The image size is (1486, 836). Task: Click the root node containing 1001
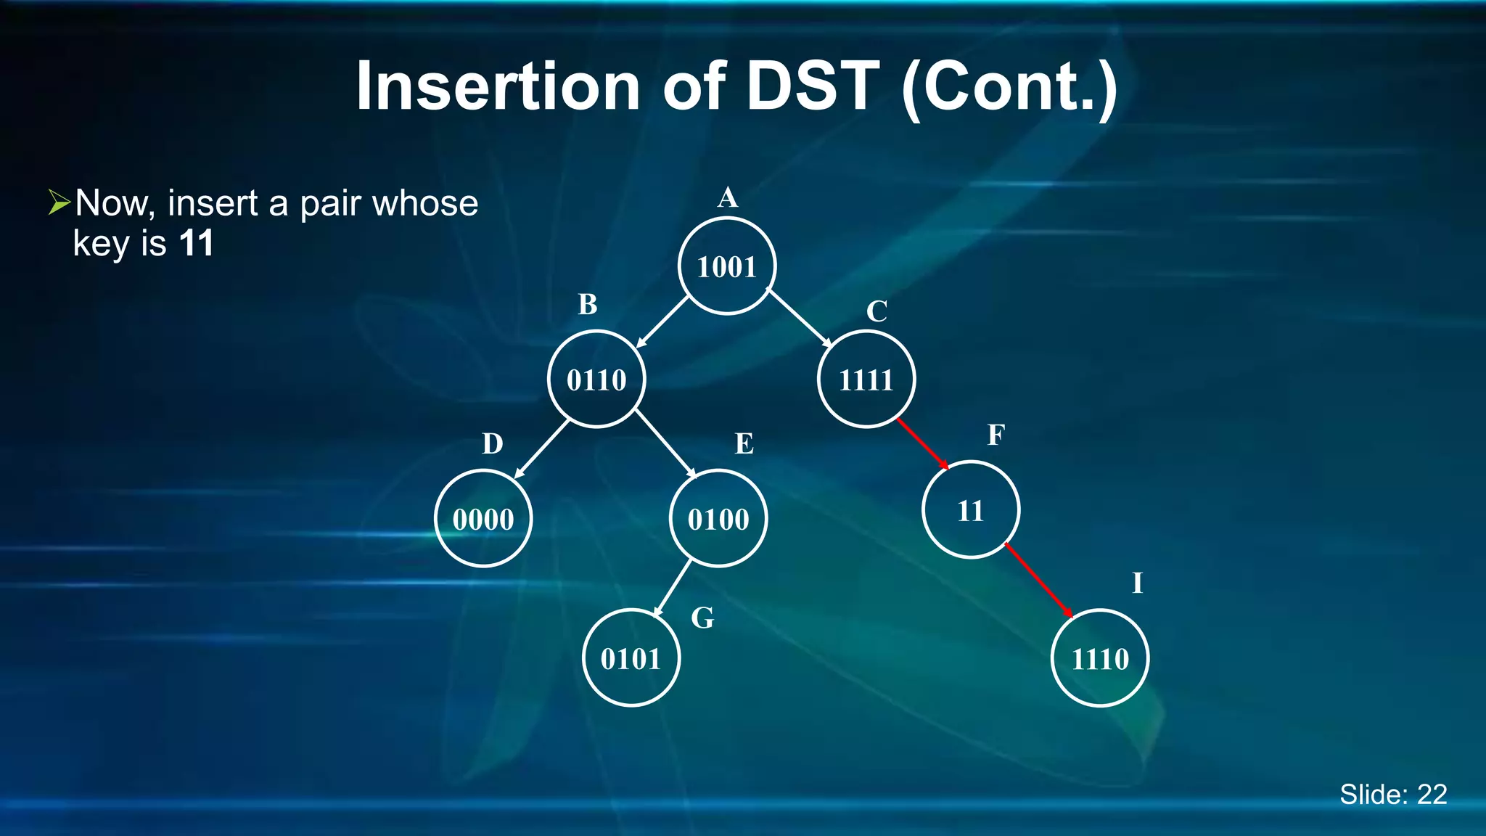tap(727, 266)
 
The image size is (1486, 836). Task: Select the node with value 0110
tap(596, 380)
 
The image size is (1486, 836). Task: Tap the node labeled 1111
tap(866, 380)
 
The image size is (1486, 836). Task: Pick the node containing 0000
tap(483, 519)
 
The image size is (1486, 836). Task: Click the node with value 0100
tap(718, 519)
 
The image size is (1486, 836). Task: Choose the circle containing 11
tap(971, 510)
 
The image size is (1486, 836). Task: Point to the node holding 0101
tap(631, 658)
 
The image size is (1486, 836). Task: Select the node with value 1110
tap(1100, 658)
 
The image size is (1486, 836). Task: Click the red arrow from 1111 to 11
tap(923, 444)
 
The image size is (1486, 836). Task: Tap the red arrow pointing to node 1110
tap(1039, 580)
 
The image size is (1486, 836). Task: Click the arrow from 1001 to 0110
tap(662, 322)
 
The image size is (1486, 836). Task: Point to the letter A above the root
tap(728, 197)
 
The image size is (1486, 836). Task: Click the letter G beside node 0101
tap(702, 618)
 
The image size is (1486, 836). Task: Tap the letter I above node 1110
tap(1137, 583)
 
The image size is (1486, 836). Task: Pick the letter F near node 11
tap(996, 435)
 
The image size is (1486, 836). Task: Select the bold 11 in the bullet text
tap(196, 243)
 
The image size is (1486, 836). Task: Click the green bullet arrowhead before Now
tap(59, 202)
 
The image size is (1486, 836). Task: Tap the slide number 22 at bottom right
tap(1432, 795)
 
